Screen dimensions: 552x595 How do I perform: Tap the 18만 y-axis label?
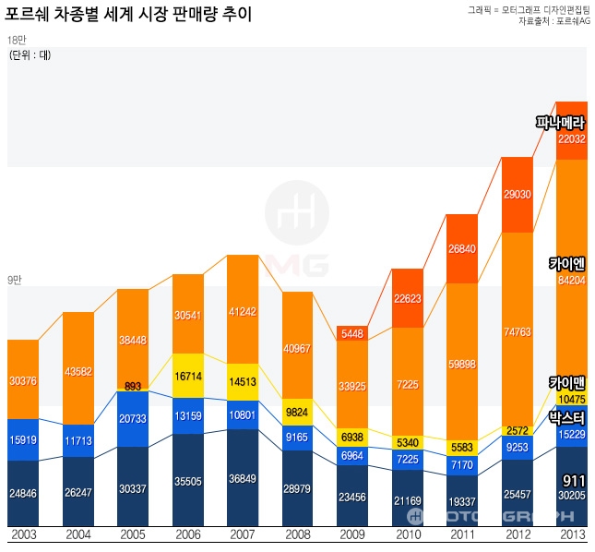coord(16,41)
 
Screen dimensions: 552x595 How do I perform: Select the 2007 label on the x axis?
coord(244,534)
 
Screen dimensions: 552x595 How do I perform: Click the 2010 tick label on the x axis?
coord(408,534)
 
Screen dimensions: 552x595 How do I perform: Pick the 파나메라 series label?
coord(560,122)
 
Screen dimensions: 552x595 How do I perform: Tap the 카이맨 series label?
coord(566,382)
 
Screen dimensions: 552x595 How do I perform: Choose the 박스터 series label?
coord(566,417)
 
